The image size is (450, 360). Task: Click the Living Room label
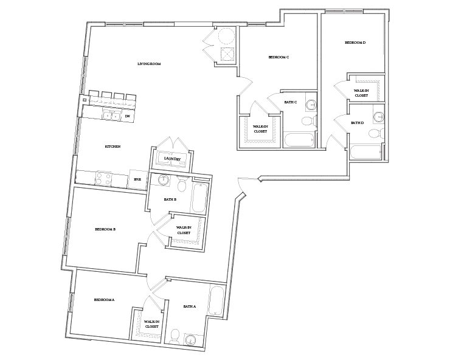[148, 64]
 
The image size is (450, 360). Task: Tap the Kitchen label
[112, 147]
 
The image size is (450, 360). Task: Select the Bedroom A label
[104, 300]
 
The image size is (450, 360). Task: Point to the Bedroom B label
[105, 229]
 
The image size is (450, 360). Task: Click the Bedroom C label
[279, 57]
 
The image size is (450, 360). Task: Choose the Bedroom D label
[355, 43]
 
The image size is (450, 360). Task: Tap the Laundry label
[173, 159]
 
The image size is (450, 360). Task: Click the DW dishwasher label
[128, 116]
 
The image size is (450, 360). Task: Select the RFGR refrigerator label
[137, 179]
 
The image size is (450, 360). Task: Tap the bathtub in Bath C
[299, 140]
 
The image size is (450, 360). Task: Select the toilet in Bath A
[175, 334]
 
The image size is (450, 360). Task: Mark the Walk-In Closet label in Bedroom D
[361, 92]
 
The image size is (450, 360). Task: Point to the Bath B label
[170, 199]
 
